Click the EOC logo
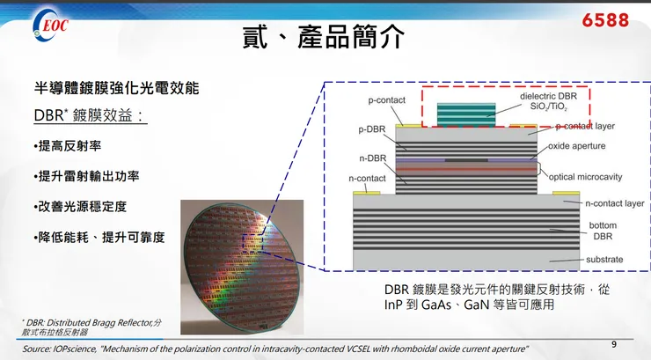50,26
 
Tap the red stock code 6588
605,20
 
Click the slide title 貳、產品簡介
324,36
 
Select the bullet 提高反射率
68,146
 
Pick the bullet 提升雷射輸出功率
87,176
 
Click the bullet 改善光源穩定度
81,206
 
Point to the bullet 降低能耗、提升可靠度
99,237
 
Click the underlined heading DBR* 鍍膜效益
90,115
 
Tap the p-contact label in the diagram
386,100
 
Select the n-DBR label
373,158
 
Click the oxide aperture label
577,146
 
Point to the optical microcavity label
585,177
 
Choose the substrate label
604,260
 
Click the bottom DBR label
603,231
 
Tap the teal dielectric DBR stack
466,114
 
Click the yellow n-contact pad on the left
367,193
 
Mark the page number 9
614,344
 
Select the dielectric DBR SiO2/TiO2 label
548,101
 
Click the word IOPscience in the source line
74,349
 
